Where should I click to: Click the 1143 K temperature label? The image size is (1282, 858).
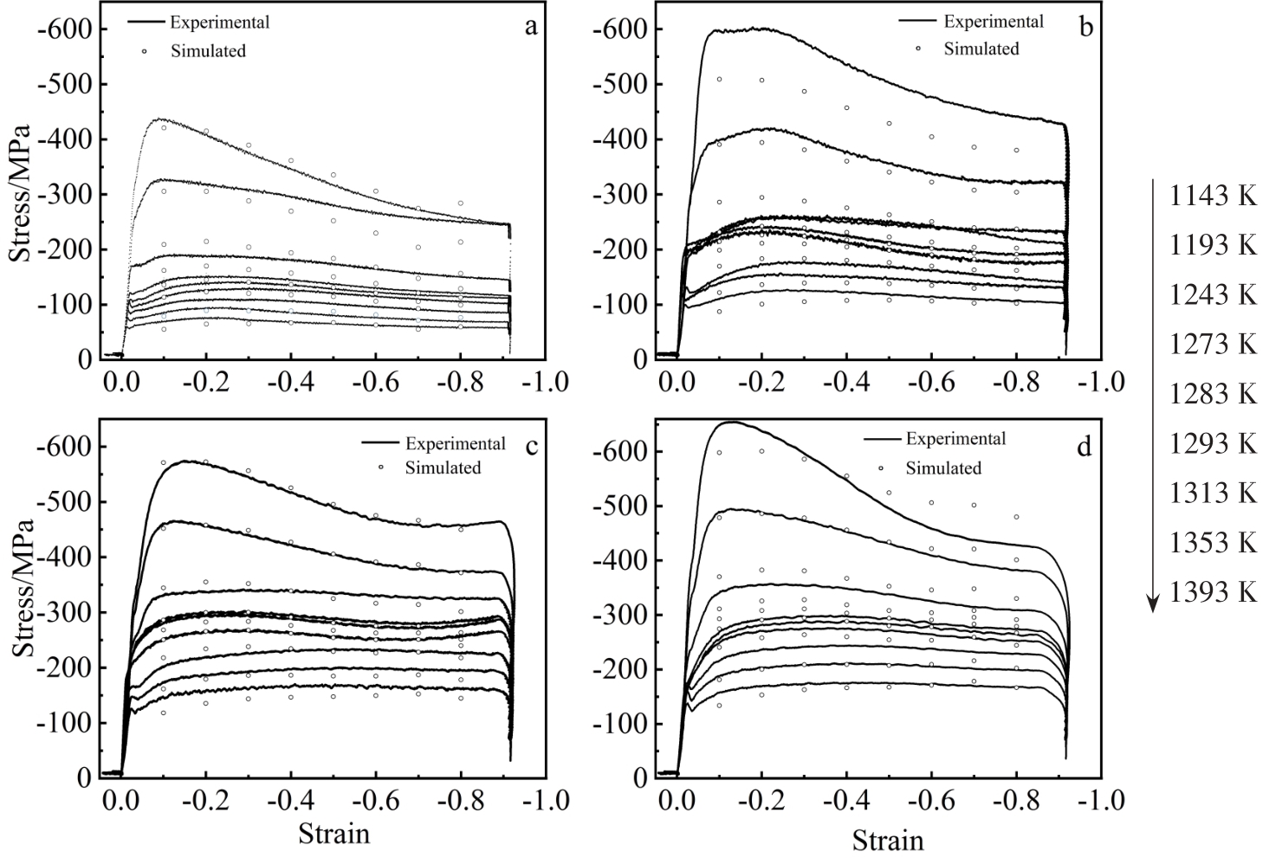pyautogui.click(x=1213, y=196)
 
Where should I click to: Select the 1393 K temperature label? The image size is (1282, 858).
pyautogui.click(x=1213, y=592)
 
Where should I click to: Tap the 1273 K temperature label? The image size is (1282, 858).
pyautogui.click(x=1213, y=345)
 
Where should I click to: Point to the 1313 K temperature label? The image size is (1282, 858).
pyautogui.click(x=1213, y=493)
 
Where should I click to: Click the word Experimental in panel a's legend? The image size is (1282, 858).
pyautogui.click(x=219, y=23)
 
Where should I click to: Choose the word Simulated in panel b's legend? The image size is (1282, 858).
pyautogui.click(x=981, y=49)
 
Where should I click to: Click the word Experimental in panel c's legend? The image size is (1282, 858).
pyautogui.click(x=455, y=443)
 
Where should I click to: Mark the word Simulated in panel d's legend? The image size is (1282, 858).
pyautogui.click(x=943, y=468)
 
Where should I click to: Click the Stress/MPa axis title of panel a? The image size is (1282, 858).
pyautogui.click(x=19, y=193)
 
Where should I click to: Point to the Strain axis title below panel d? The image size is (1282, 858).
pyautogui.click(x=888, y=840)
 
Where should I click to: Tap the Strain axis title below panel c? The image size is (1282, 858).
pyautogui.click(x=333, y=834)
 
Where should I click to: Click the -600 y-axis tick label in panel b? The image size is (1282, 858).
pyautogui.click(x=617, y=29)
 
